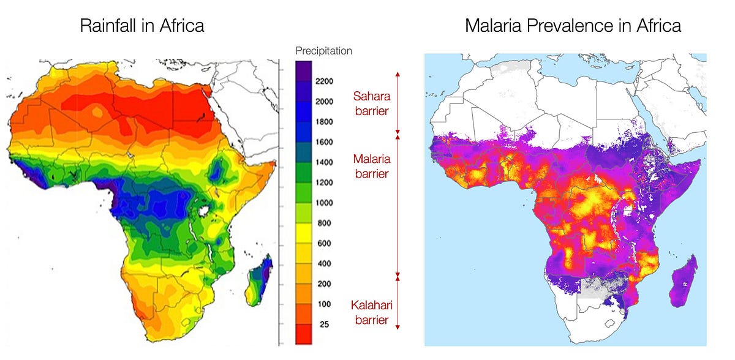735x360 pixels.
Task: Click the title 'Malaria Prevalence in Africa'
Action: coord(573,26)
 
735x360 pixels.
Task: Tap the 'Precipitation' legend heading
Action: coord(323,51)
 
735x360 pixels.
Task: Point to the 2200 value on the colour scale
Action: coord(324,81)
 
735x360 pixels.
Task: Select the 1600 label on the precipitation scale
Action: coord(324,142)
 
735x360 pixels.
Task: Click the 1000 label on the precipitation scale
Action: coord(324,203)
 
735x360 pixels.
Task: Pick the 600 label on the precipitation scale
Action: coord(324,243)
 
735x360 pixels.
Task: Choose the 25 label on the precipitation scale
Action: coord(324,324)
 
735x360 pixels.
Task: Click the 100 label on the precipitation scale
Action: coord(324,304)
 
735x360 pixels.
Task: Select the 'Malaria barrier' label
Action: coord(371,166)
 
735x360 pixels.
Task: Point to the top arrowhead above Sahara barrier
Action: coord(398,73)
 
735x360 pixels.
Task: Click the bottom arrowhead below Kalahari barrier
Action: coord(398,328)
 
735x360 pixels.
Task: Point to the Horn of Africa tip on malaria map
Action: coord(699,162)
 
